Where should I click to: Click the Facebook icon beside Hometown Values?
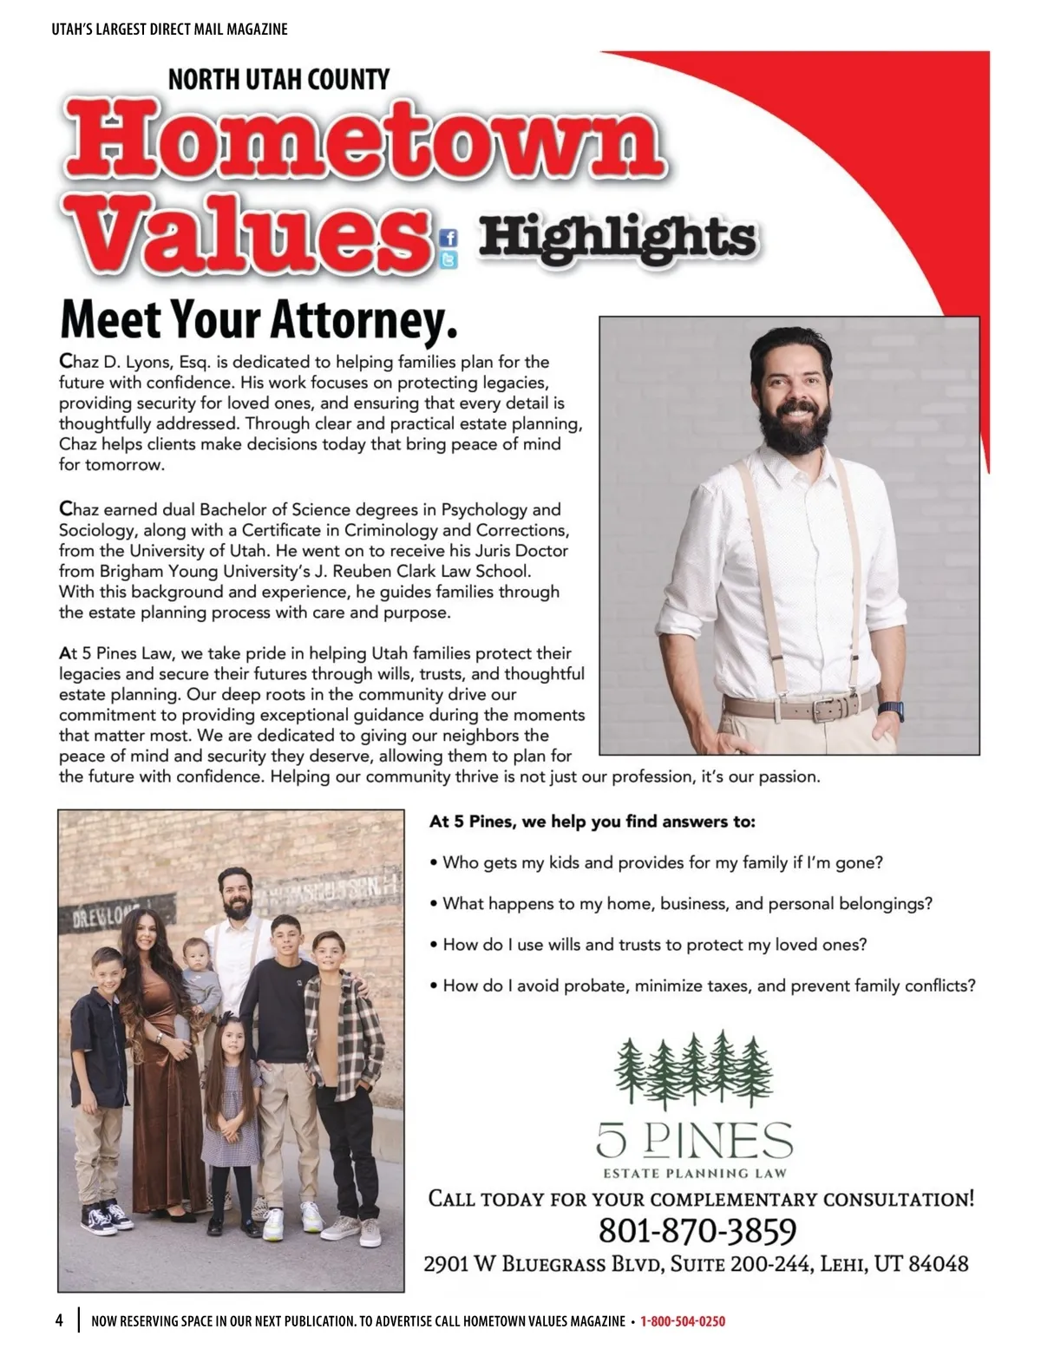[x=448, y=238]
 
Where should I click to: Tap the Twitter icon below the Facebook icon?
[x=448, y=259]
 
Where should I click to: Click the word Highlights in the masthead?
[x=617, y=237]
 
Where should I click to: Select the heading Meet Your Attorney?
[x=258, y=319]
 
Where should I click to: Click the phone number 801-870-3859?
[x=697, y=1230]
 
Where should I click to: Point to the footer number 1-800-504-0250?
[x=683, y=1321]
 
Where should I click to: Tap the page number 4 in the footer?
[x=59, y=1320]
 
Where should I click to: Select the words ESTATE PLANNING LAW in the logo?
[x=694, y=1174]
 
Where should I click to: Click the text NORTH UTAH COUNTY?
[x=278, y=80]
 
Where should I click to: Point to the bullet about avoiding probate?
[x=708, y=986]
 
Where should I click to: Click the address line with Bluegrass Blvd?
[x=696, y=1263]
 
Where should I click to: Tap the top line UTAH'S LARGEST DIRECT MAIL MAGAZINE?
[x=169, y=29]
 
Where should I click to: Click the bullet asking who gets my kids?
[x=662, y=862]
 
